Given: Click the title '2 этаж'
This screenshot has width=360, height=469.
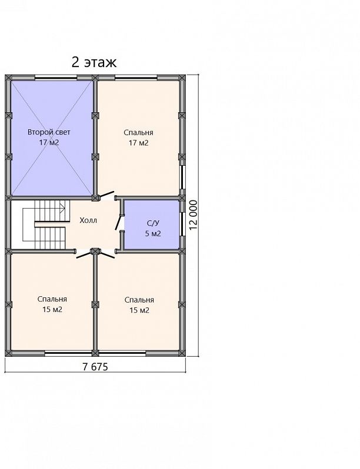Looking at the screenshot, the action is (94, 62).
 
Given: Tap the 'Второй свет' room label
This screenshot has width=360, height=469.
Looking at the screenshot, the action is (49, 132).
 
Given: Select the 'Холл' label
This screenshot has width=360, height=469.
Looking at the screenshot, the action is (88, 221).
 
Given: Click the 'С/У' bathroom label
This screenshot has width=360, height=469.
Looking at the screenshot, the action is (152, 223).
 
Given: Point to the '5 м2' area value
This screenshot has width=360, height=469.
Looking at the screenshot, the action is (153, 233).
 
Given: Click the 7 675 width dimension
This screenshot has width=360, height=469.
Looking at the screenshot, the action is (95, 367).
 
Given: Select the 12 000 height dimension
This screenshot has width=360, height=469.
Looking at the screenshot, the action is (194, 215).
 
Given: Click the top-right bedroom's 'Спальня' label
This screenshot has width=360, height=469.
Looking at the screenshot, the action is (139, 132).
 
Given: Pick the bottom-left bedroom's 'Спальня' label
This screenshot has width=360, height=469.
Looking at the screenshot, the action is (52, 299).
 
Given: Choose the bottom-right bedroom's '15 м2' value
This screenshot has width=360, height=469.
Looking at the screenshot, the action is (139, 310).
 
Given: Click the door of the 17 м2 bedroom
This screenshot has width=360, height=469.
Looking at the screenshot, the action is (107, 195).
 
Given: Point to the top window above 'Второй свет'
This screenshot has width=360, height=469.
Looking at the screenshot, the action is (56, 79).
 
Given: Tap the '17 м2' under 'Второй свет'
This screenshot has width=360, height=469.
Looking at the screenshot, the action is (49, 142).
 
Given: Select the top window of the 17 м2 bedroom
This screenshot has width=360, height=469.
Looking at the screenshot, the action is (136, 79).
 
